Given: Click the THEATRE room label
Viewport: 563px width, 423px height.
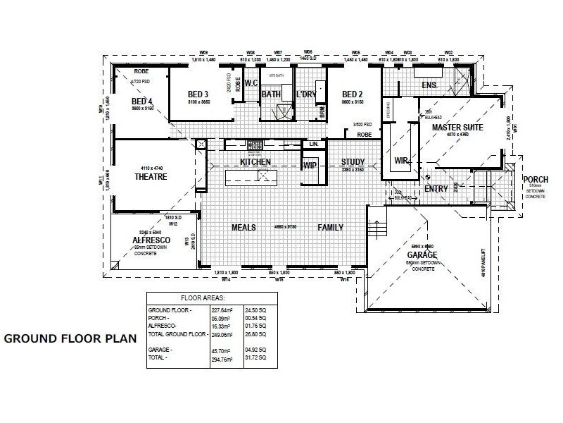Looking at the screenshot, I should click(151, 177).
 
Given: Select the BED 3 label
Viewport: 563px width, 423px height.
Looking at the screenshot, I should click(198, 94).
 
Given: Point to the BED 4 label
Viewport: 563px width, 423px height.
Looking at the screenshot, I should click(141, 102).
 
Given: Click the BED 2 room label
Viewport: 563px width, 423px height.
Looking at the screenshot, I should click(352, 94).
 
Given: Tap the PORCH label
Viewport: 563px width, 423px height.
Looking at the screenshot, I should click(535, 180).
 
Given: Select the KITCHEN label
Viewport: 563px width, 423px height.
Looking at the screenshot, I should click(255, 162).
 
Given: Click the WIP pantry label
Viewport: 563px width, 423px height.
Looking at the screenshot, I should click(309, 166).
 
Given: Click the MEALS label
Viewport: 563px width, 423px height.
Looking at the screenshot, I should click(243, 228).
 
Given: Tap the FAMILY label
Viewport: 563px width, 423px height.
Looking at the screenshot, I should click(330, 228).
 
